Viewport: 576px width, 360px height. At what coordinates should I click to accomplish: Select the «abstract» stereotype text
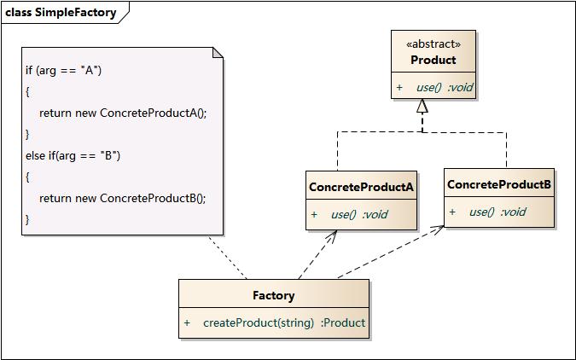click(x=434, y=44)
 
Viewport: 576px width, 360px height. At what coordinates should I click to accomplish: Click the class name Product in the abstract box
click(x=433, y=61)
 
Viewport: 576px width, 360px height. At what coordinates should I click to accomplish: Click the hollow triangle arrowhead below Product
click(x=421, y=107)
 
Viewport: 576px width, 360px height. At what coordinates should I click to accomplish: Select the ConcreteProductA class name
click(x=361, y=187)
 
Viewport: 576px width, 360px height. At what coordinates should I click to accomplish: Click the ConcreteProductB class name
click(x=499, y=184)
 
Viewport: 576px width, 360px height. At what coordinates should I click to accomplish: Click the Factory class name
click(x=273, y=296)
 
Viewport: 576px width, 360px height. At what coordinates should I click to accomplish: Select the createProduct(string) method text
click(x=259, y=322)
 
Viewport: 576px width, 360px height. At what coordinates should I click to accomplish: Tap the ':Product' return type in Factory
click(x=343, y=322)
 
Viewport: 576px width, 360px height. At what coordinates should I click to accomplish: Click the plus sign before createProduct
click(x=187, y=322)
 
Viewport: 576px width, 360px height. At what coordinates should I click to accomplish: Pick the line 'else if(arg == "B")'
click(x=73, y=155)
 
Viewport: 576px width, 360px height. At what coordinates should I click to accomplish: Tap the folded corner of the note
click(x=218, y=53)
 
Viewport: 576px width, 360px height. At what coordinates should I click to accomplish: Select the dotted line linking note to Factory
click(x=229, y=258)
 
